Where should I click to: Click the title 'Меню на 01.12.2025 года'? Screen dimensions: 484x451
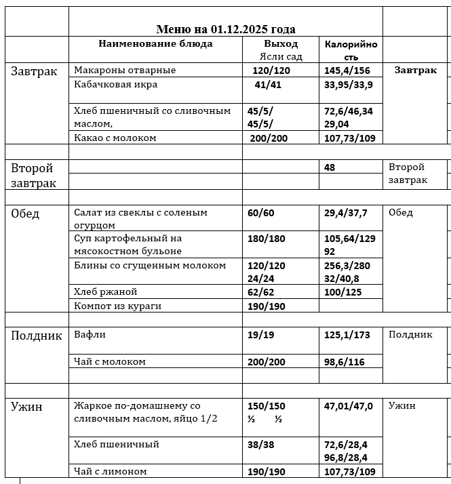pos(225,29)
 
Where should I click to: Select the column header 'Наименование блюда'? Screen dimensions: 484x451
pos(155,44)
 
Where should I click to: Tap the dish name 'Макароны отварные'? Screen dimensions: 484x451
pos(125,70)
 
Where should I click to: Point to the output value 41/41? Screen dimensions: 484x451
pos(267,85)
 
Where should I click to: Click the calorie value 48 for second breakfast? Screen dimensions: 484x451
pos(330,167)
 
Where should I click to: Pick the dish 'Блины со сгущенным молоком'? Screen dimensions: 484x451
pos(150,265)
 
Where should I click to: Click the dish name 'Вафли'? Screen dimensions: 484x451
pos(90,335)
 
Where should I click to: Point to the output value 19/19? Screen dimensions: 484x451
pos(262,335)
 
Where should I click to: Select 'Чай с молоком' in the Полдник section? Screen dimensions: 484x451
pos(110,361)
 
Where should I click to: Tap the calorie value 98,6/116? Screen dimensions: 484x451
pos(344,361)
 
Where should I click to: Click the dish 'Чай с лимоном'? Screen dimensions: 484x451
pos(110,471)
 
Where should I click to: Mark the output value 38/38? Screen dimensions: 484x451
pos(262,445)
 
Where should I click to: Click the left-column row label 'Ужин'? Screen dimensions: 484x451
pos(26,407)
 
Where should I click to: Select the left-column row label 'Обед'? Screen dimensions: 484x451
pos(25,214)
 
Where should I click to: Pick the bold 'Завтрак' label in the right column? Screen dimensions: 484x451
pos(415,70)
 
